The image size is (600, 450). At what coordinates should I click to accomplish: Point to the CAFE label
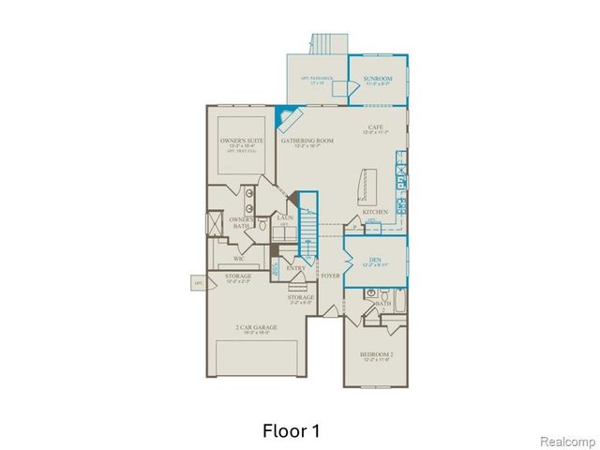pyautogui.click(x=376, y=128)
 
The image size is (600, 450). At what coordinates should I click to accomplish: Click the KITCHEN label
pyautogui.click(x=375, y=212)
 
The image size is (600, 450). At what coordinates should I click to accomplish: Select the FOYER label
pyautogui.click(x=330, y=277)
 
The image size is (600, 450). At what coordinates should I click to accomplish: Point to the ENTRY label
pyautogui.click(x=296, y=268)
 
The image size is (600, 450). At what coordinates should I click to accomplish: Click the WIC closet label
pyautogui.click(x=240, y=256)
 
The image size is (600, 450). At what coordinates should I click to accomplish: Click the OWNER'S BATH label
pyautogui.click(x=239, y=223)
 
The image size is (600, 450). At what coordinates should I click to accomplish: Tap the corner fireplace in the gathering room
pyautogui.click(x=290, y=120)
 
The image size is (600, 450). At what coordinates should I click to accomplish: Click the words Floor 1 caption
pyautogui.click(x=292, y=432)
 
